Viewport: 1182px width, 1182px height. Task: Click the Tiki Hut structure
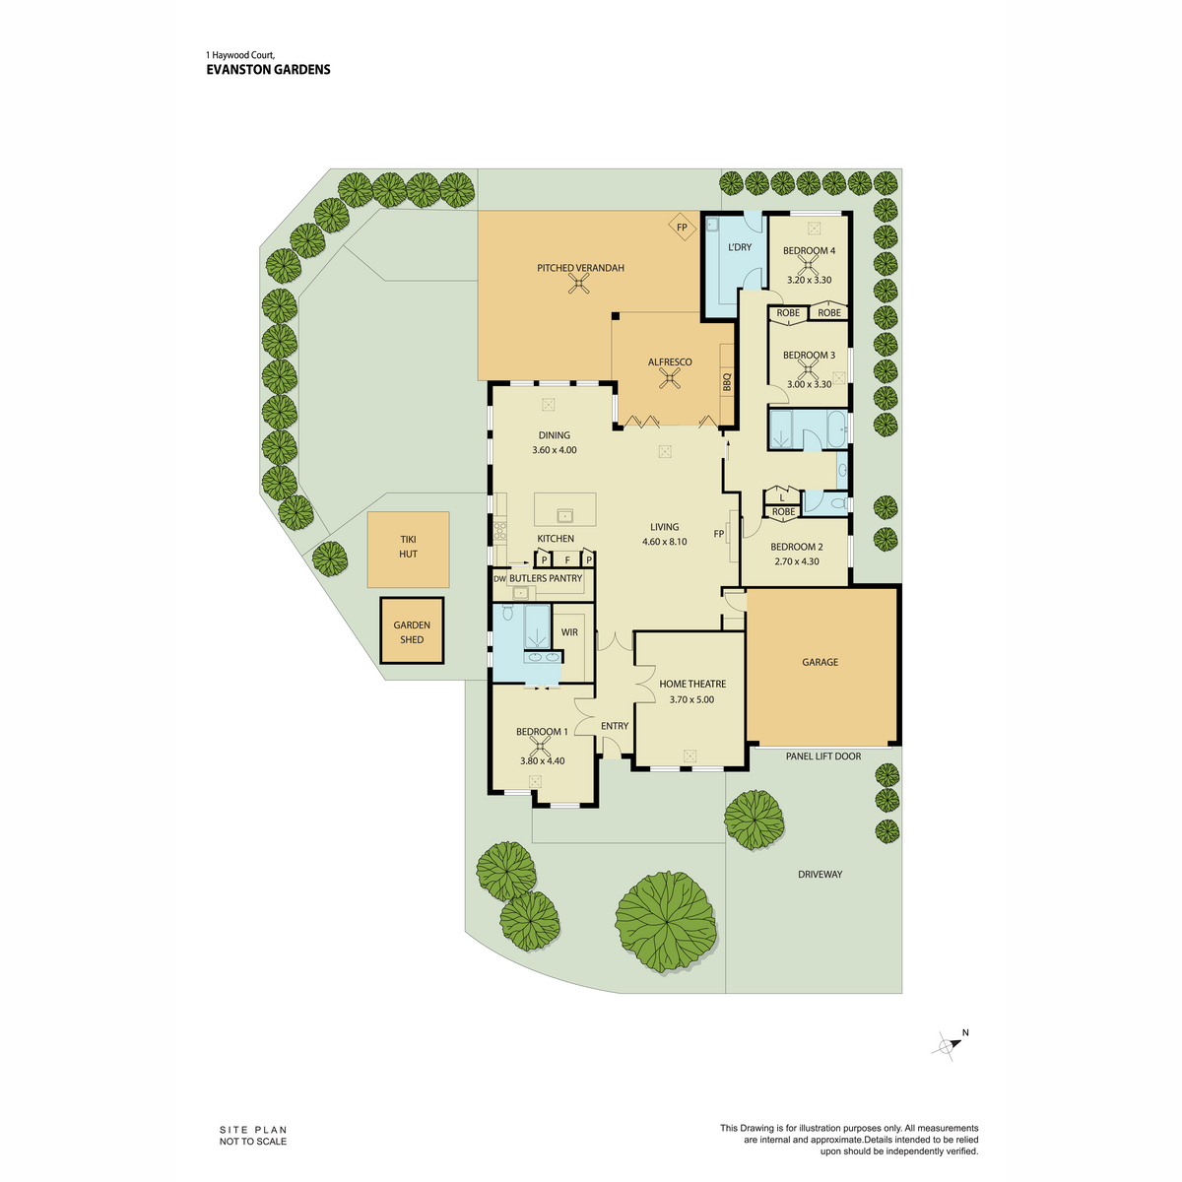click(408, 549)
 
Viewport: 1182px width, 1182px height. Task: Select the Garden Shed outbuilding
click(412, 630)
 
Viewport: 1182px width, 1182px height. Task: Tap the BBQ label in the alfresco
click(728, 382)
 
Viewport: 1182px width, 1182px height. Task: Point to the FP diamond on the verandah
click(682, 227)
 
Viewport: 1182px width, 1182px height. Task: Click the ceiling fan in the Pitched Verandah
click(579, 284)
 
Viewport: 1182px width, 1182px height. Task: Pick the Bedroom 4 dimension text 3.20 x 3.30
click(809, 280)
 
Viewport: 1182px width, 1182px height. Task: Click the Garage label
click(821, 662)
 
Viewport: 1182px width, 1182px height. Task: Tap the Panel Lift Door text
click(823, 756)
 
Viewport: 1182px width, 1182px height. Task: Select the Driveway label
click(821, 874)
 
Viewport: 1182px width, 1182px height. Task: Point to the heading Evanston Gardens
click(268, 69)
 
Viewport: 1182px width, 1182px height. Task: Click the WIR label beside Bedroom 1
click(569, 632)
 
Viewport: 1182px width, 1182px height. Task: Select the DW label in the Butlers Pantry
click(500, 578)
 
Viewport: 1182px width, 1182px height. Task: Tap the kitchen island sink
click(564, 514)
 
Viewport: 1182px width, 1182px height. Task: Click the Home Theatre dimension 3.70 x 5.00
click(691, 699)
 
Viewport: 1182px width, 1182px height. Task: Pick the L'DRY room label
click(739, 247)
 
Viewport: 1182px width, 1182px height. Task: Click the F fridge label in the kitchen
click(567, 560)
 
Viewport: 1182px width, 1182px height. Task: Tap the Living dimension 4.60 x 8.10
click(664, 542)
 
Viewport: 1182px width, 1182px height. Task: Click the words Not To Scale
click(253, 1142)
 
